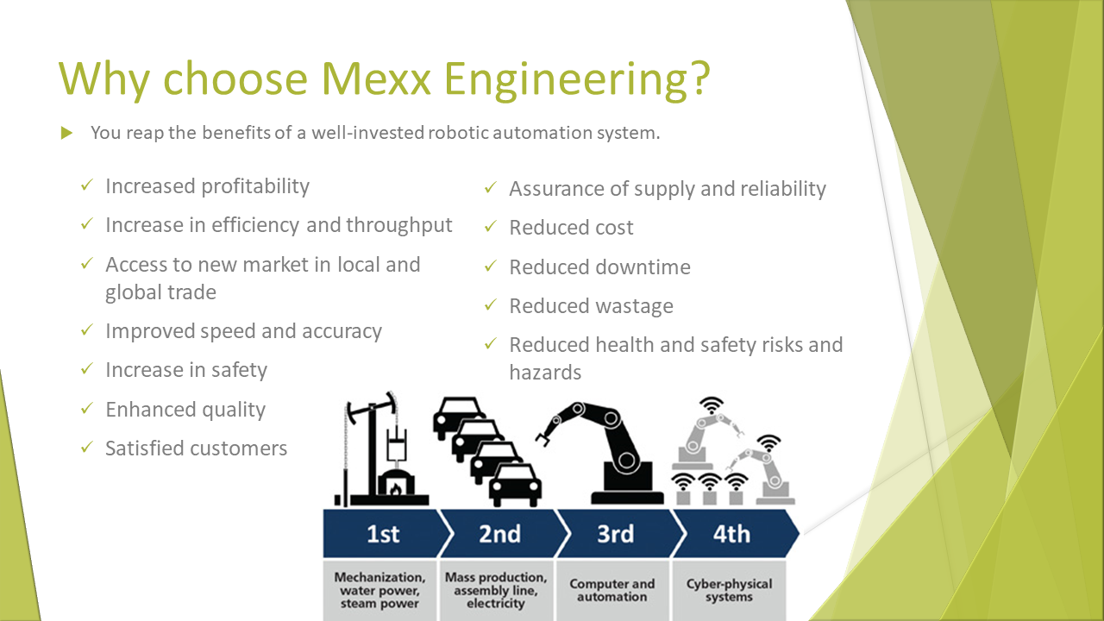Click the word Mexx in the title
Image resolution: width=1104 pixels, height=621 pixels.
(x=377, y=78)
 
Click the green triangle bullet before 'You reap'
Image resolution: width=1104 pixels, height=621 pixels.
(x=66, y=133)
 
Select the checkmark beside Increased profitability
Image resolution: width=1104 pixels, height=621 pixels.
(x=87, y=185)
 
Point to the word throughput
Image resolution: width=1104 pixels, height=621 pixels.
(x=398, y=225)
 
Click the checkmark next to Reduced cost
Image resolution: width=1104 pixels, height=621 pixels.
(x=491, y=227)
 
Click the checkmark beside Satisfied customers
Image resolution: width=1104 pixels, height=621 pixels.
(x=87, y=448)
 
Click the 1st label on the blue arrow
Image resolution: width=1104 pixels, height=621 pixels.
(x=383, y=534)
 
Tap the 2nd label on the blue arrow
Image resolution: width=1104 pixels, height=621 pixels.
(x=499, y=534)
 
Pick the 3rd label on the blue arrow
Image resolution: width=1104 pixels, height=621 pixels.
(x=615, y=534)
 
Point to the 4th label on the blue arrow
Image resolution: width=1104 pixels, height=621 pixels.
(x=731, y=534)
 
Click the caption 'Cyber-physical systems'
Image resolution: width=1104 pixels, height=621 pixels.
(x=729, y=590)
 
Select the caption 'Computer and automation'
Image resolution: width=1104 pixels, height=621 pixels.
(x=612, y=590)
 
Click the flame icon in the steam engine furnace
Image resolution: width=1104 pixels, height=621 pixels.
(x=395, y=488)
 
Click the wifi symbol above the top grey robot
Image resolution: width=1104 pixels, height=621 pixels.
(x=712, y=405)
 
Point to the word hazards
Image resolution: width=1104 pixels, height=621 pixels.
(x=545, y=373)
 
